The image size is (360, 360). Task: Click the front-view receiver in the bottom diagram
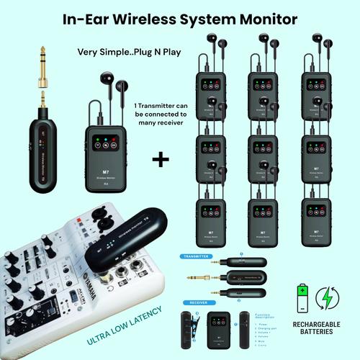tap(217, 329)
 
